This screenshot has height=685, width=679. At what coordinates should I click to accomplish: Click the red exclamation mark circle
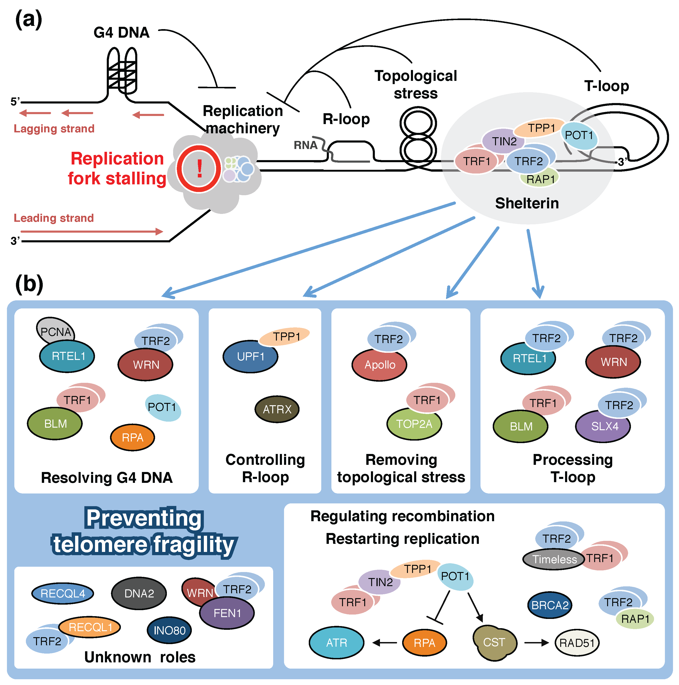click(199, 169)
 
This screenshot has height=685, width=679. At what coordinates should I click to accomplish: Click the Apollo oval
click(379, 365)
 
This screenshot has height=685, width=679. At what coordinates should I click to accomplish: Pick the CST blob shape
click(494, 642)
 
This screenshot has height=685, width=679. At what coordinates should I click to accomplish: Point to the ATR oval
click(336, 643)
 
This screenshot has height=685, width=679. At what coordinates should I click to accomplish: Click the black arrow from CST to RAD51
click(536, 643)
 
